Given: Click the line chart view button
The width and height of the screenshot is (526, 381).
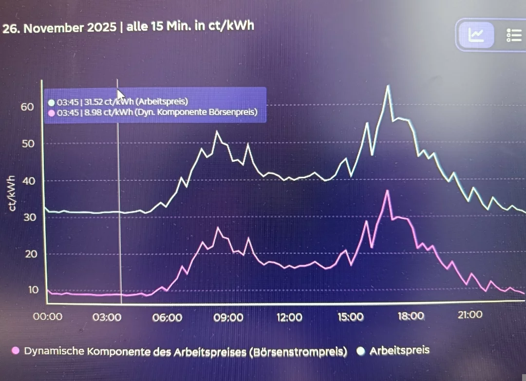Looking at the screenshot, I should coord(475,35).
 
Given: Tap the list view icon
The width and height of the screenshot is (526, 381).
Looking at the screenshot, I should coord(514,35).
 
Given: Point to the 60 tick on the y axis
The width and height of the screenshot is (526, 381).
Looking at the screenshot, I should coord(27,107).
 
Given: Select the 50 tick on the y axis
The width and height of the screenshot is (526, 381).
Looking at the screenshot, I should coord(27,144).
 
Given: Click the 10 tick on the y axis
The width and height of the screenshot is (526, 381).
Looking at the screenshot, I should coord(33,290).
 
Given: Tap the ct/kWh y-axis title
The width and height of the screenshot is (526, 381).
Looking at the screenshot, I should coord(13,193).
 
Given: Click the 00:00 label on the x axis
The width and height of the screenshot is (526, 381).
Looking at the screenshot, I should coord(47,317).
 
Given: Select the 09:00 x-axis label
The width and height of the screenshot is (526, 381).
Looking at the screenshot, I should coord(228,317).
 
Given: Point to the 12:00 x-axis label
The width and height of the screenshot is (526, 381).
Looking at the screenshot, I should coord(289,317).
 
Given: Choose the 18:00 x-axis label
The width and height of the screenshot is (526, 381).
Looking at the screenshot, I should coord(411,316).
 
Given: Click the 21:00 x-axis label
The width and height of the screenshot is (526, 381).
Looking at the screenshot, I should coord(470,315).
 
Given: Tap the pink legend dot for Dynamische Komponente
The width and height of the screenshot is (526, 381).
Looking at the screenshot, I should coord(16,351).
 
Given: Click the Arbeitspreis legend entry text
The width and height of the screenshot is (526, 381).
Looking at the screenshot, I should coord(399,350).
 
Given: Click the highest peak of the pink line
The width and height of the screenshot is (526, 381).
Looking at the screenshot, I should coord(388,190).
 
